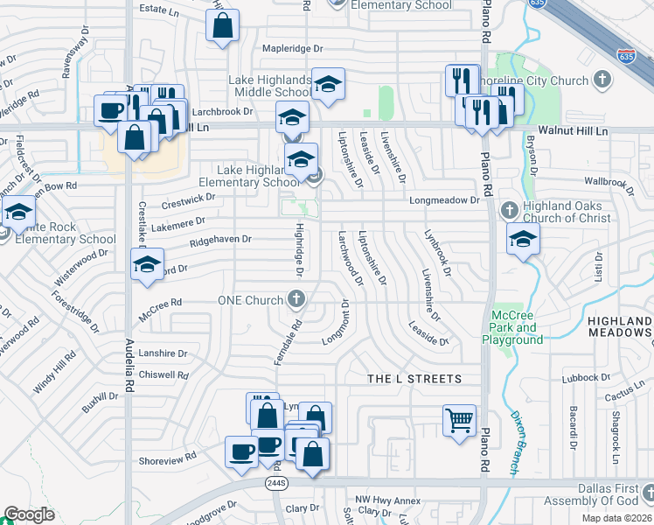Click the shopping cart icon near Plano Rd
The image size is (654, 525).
click(460, 420)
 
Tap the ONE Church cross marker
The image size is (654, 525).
click(296, 300)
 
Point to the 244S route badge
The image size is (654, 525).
click(276, 483)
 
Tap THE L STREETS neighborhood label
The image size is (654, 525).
click(414, 379)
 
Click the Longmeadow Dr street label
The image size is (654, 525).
click(446, 199)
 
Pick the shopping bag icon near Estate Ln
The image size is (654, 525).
click(223, 27)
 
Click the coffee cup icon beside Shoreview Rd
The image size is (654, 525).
click(242, 451)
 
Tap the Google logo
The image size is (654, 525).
click(30, 514)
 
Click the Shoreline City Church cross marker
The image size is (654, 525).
click(601, 80)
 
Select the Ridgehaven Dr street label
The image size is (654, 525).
click(220, 238)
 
